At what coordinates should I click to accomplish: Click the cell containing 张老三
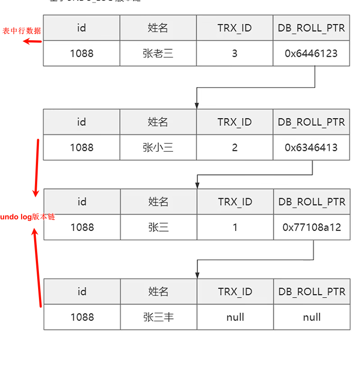[158, 54]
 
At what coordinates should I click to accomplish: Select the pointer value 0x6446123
[311, 54]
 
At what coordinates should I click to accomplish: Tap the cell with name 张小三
[158, 147]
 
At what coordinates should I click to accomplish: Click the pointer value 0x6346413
[311, 147]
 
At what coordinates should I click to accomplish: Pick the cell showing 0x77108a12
[311, 227]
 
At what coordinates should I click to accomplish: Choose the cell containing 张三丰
[158, 317]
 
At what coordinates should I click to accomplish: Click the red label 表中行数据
[22, 31]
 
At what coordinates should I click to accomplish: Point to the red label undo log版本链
[27, 217]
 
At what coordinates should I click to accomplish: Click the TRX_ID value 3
[234, 54]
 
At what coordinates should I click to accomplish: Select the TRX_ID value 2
[234, 147]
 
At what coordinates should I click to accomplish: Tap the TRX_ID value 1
[235, 227]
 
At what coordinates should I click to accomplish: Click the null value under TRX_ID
[235, 317]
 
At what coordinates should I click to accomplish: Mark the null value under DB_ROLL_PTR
[311, 317]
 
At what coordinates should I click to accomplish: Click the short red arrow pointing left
[32, 42]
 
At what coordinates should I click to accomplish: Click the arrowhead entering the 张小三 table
[197, 106]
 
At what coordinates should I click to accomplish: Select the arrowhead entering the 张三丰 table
[197, 275]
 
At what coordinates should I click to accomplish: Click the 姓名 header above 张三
[158, 202]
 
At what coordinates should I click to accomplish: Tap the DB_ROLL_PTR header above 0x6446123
[311, 28]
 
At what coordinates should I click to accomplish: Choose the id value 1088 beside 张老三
[81, 54]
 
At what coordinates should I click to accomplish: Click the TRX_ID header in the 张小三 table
[234, 122]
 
